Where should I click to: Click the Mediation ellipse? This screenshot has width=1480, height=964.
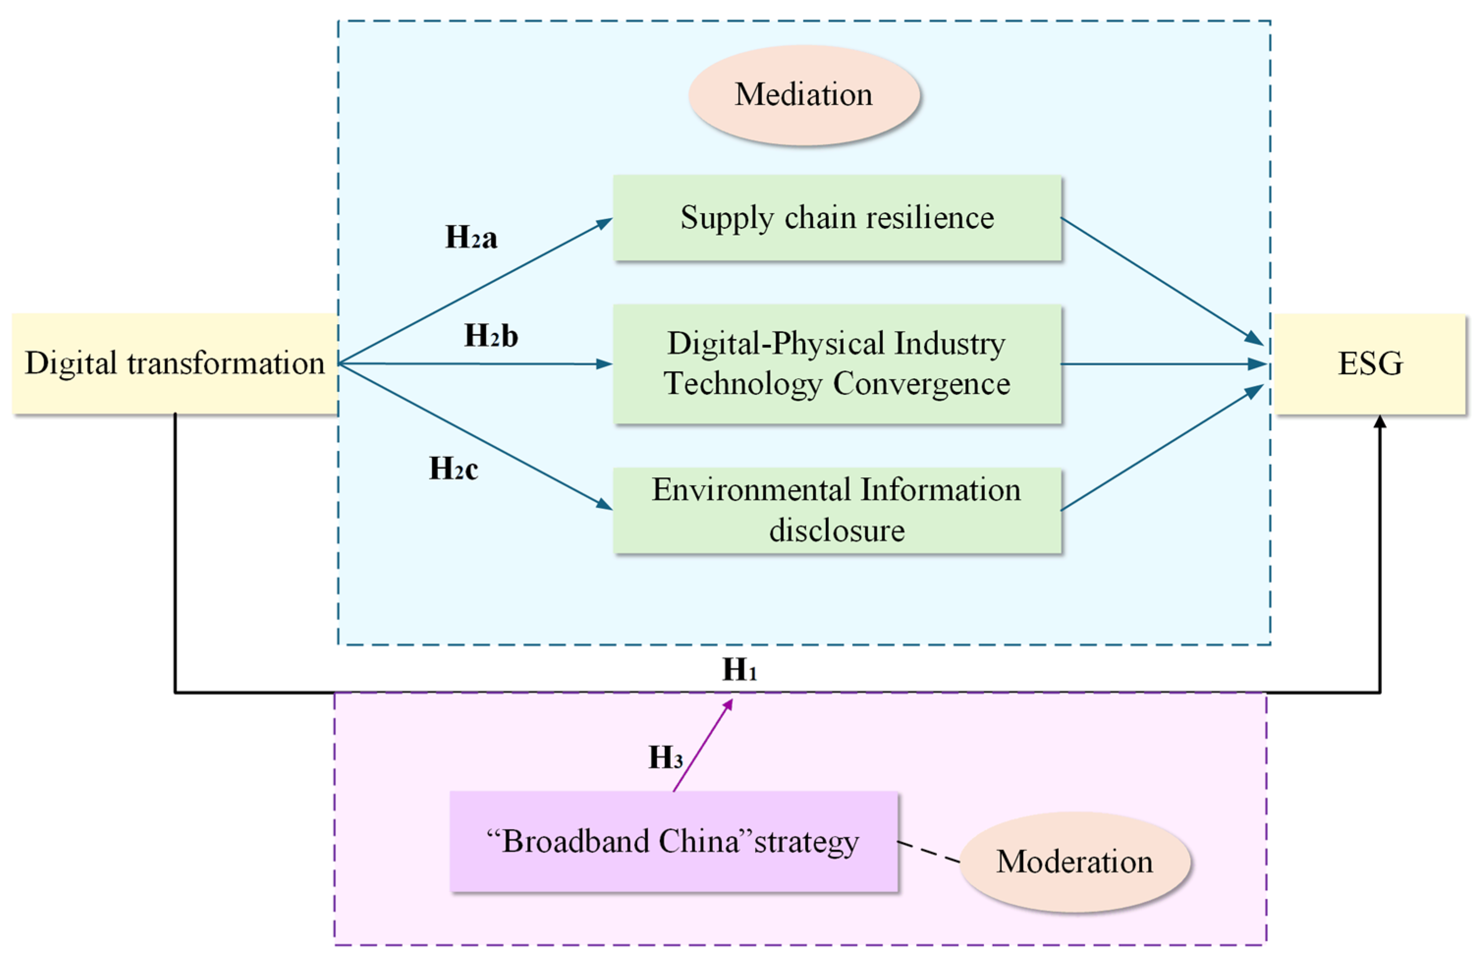[803, 95]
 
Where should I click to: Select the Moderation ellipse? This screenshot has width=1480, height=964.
[1074, 862]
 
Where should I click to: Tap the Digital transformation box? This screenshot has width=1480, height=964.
[175, 364]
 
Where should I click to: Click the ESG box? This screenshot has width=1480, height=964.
[1370, 364]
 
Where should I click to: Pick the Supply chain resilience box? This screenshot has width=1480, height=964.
[837, 218]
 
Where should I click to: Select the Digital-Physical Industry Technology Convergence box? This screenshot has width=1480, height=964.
[837, 364]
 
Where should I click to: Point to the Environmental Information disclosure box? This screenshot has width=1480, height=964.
[837, 510]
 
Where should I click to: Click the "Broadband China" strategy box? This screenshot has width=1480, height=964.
[673, 842]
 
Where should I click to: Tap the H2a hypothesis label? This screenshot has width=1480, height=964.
[471, 238]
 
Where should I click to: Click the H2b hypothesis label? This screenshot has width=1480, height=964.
[491, 336]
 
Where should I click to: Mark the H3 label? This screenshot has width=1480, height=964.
[665, 758]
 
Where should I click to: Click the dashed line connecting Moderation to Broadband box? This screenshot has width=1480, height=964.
[929, 852]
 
